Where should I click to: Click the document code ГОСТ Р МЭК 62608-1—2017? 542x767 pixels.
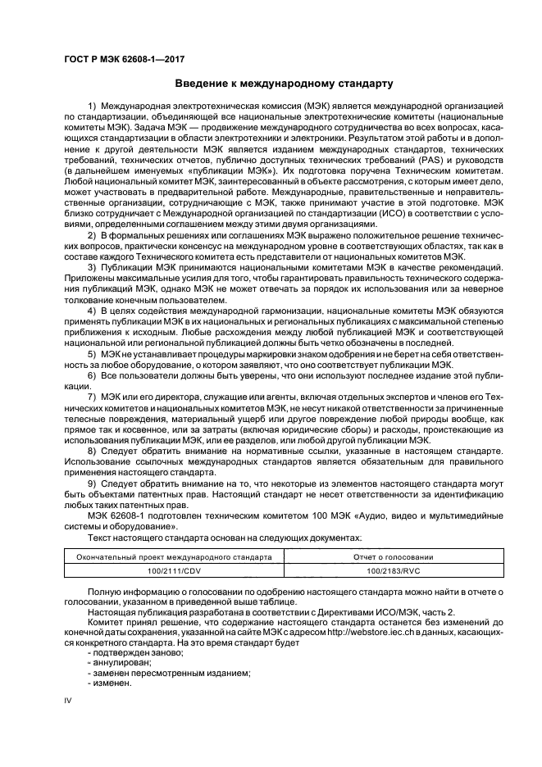120,60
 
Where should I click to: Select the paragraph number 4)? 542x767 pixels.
92,312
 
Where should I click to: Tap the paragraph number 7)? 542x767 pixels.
92,397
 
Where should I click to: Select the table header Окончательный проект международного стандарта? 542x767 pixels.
173,556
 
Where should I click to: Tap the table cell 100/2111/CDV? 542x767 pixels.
173,569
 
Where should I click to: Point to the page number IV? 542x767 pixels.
69,701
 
